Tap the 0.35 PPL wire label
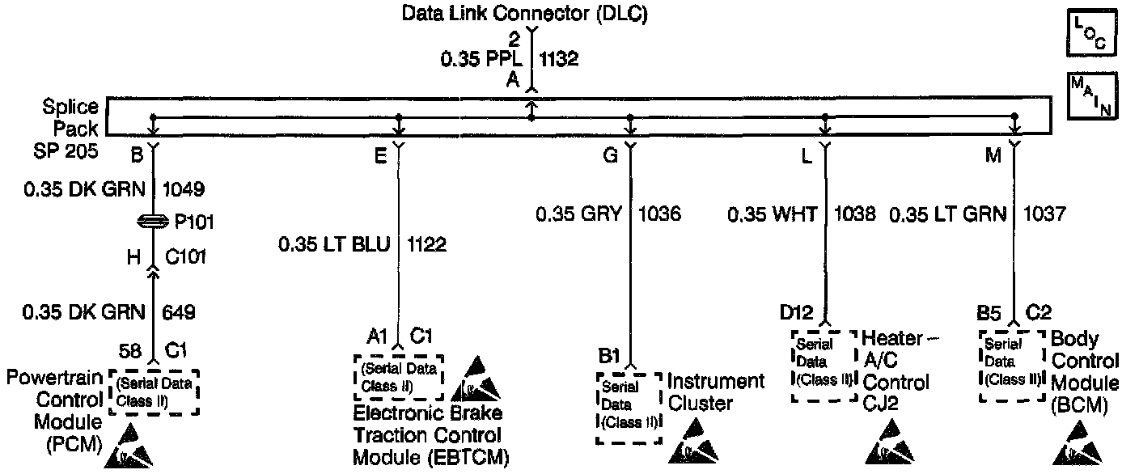pyautogui.click(x=482, y=59)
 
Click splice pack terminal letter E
pyautogui.click(x=380, y=157)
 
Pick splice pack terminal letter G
pyautogui.click(x=610, y=157)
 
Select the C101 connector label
pyautogui.click(x=185, y=257)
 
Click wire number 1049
pyautogui.click(x=183, y=190)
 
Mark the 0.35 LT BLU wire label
pyautogui.click(x=335, y=244)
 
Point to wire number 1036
pyautogui.click(x=660, y=214)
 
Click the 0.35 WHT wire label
pyautogui.click(x=772, y=214)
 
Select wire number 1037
pyautogui.click(x=1044, y=214)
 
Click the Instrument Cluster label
pyautogui.click(x=715, y=391)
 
